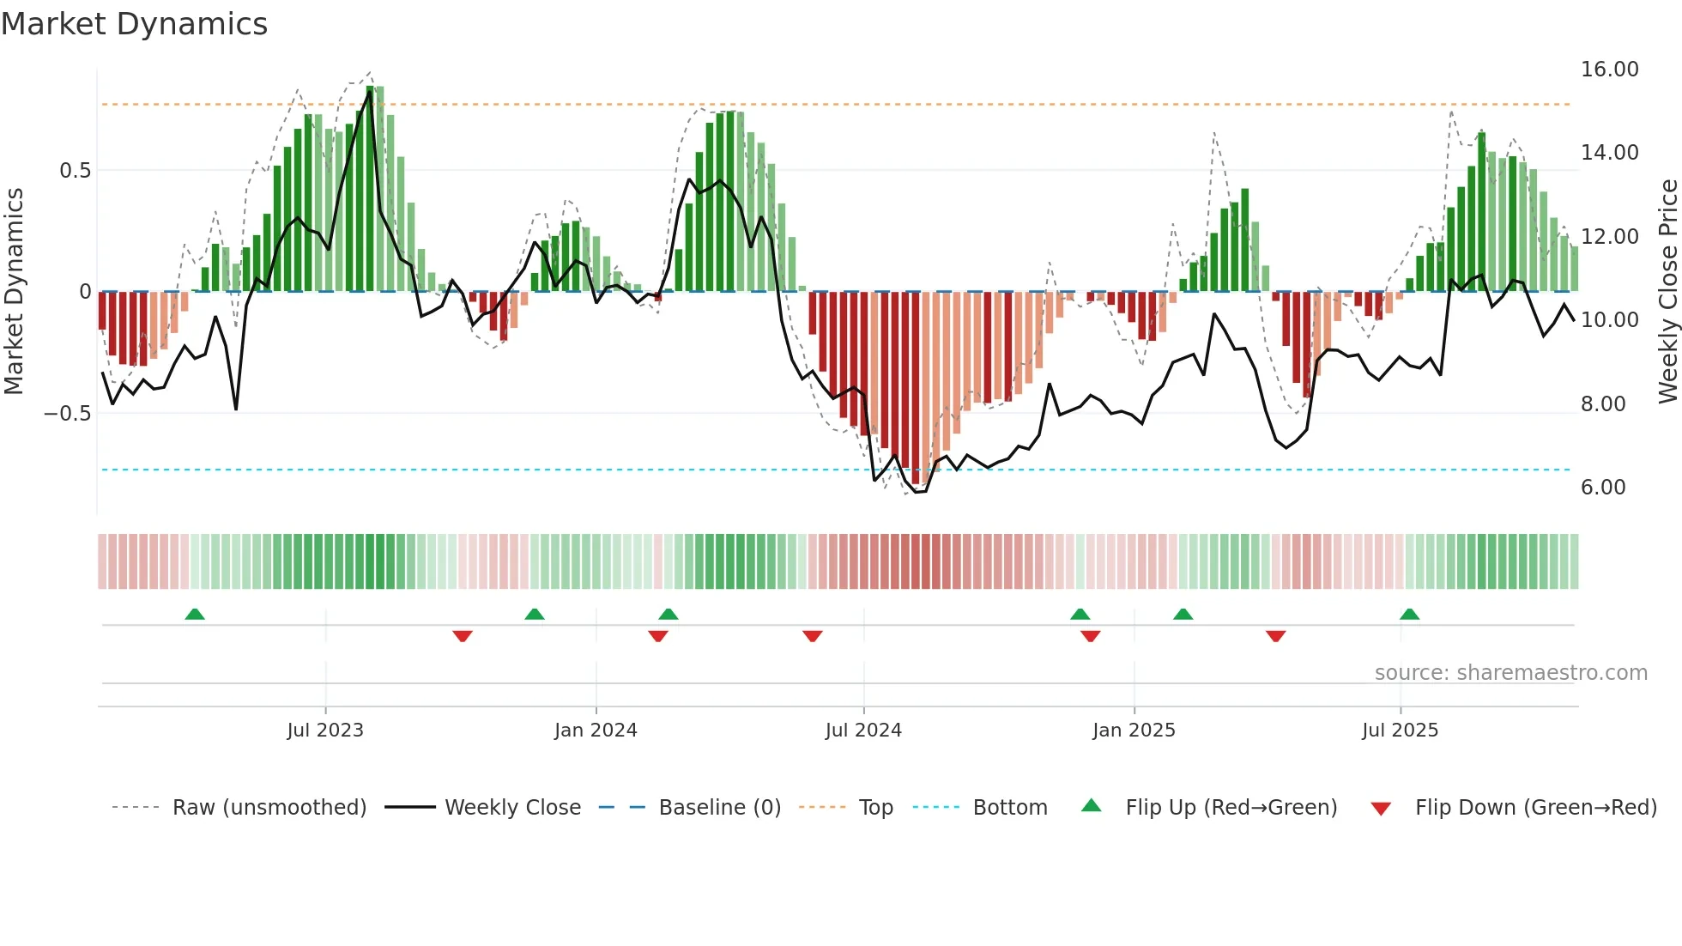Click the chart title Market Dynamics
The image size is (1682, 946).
tap(135, 24)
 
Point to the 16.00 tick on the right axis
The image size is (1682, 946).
tap(1609, 70)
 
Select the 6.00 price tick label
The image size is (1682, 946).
tap(1603, 488)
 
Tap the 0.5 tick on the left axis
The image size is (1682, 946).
tap(75, 171)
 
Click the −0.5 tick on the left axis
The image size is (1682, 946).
tap(68, 414)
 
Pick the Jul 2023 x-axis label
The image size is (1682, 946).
tap(325, 731)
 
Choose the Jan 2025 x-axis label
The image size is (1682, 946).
tap(1134, 731)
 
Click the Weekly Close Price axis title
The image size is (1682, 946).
tap(1667, 292)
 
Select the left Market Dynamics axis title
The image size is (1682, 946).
tap(14, 292)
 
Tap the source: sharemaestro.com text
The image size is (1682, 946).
tap(1510, 673)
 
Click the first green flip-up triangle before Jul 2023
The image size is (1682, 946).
tap(195, 614)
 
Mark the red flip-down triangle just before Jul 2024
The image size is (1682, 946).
tap(813, 636)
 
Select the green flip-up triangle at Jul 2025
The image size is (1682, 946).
tap(1409, 614)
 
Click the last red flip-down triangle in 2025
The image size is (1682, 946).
tap(1275, 636)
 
